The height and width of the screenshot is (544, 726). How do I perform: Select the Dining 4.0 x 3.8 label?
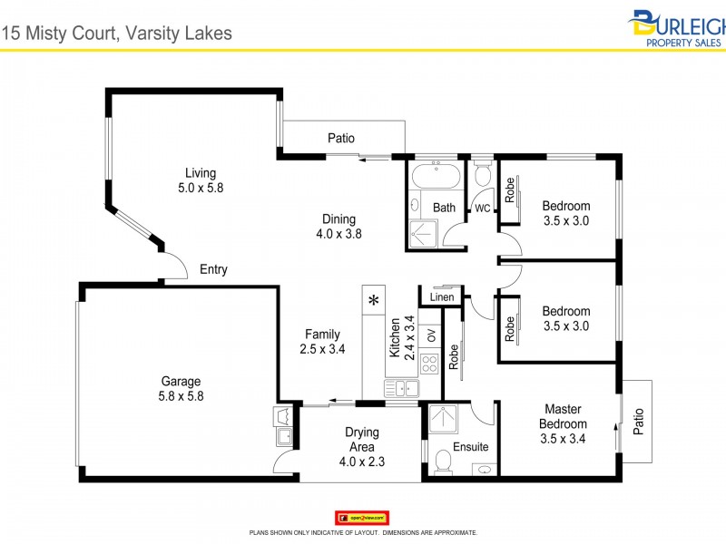coord(338,226)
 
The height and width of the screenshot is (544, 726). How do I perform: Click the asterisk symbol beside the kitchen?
coord(373,300)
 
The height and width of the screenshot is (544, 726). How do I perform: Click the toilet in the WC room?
coord(482,174)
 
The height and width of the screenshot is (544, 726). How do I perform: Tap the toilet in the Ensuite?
coord(444,462)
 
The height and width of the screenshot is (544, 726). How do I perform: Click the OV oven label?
coord(431,334)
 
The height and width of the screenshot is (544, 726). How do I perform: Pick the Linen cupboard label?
coord(442,297)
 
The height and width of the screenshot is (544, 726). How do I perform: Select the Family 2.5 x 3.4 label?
coord(323,341)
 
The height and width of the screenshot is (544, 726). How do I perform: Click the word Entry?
coord(214,269)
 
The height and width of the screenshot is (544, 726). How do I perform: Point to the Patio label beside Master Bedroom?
coord(638,421)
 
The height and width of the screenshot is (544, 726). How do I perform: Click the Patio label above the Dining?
coord(341,139)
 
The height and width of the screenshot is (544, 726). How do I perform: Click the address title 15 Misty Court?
coord(118,34)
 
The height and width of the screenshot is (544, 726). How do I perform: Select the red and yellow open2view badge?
coord(363,517)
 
